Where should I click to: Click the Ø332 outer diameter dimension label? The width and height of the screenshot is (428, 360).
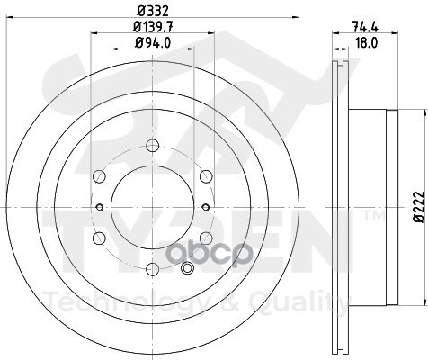(153, 12)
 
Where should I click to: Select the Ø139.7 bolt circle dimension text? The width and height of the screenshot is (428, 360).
(153, 27)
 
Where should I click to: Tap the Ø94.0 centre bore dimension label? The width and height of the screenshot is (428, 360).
(153, 43)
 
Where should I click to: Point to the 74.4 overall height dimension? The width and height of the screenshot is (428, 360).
(365, 27)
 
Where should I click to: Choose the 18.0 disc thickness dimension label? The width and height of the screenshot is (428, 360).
(366, 43)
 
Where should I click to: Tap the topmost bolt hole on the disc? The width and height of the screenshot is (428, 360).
(153, 146)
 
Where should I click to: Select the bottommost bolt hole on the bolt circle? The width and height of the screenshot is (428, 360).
(153, 268)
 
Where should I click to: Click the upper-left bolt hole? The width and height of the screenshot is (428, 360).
(100, 176)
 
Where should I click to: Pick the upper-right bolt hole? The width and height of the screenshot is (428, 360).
(206, 176)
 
